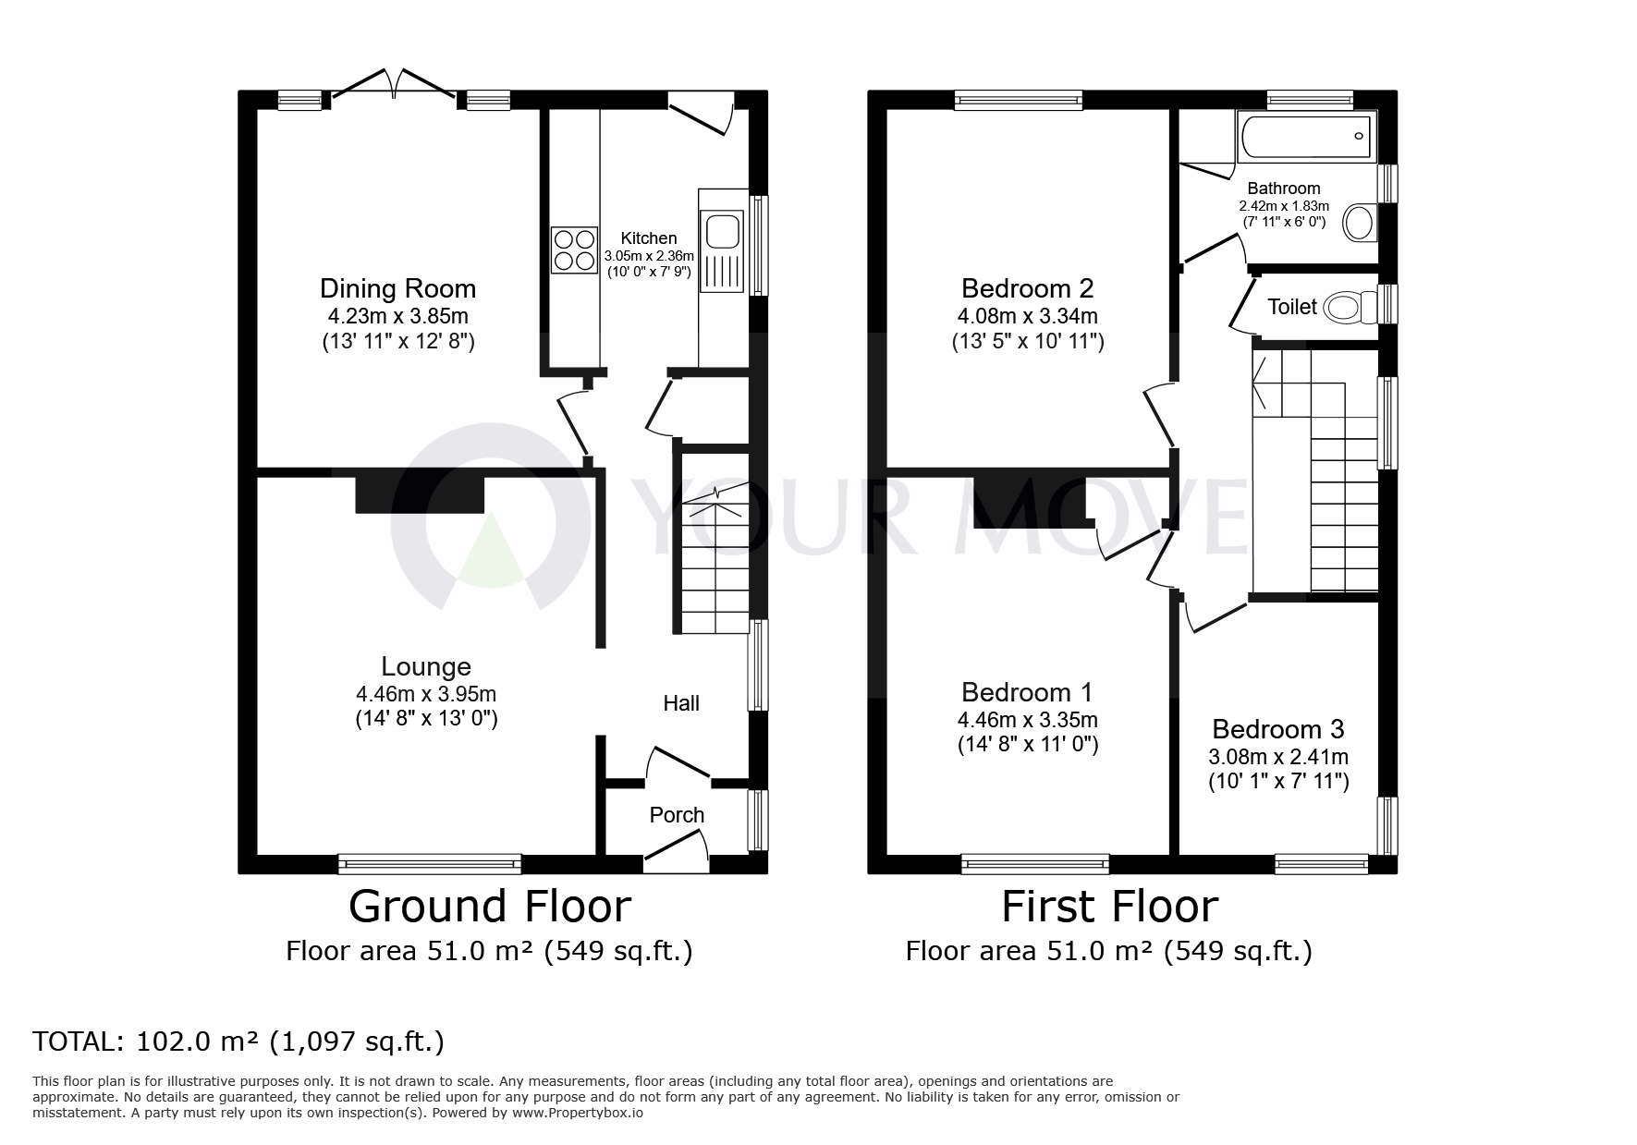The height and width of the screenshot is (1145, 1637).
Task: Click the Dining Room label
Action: click(x=397, y=288)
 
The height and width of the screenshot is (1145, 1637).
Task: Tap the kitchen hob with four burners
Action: click(x=574, y=250)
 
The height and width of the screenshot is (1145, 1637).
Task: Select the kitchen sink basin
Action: click(x=721, y=231)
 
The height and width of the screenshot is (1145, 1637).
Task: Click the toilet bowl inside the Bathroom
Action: click(x=1360, y=223)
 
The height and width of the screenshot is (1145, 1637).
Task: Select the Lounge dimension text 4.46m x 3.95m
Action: click(x=426, y=694)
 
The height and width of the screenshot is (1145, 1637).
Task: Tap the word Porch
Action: click(x=677, y=815)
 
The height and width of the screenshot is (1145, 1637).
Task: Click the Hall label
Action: click(x=681, y=703)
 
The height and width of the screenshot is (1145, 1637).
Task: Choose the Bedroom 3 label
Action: click(x=1278, y=729)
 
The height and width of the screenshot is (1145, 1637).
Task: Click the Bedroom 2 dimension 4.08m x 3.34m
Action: click(x=1027, y=316)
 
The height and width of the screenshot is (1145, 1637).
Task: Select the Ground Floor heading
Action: click(x=490, y=907)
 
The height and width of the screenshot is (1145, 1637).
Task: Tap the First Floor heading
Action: click(x=1110, y=907)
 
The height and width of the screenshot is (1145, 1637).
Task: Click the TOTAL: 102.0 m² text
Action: click(x=238, y=1042)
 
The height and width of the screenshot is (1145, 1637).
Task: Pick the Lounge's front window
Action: click(x=430, y=863)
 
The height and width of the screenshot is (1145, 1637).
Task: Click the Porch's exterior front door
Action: click(x=677, y=852)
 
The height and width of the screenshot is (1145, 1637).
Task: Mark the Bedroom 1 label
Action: click(x=1027, y=692)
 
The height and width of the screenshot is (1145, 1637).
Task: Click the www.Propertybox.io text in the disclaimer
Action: click(x=578, y=1114)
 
